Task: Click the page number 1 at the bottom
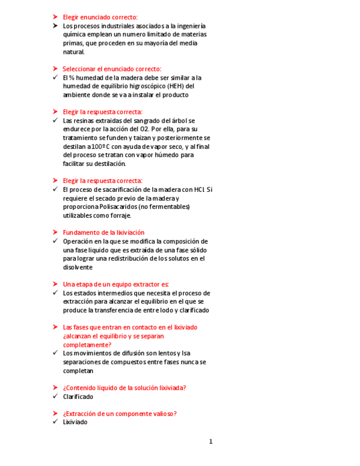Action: tap(211, 441)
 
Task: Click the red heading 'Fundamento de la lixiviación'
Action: tap(103, 232)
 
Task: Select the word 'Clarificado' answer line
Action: tap(78, 396)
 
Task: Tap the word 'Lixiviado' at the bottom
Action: tap(75, 422)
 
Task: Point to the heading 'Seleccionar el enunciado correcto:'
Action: tap(112, 69)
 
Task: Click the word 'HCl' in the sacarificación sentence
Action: tap(200, 190)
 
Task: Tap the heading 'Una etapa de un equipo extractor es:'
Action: tap(115, 284)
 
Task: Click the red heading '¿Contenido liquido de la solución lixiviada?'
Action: tap(124, 387)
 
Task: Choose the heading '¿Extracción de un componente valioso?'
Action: tap(119, 414)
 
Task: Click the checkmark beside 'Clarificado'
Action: tap(55, 396)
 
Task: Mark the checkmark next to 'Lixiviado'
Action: tap(55, 422)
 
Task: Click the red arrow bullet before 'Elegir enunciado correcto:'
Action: tap(55, 17)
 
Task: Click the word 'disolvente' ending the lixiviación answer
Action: tap(77, 268)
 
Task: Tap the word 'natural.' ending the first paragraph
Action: tap(74, 52)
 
